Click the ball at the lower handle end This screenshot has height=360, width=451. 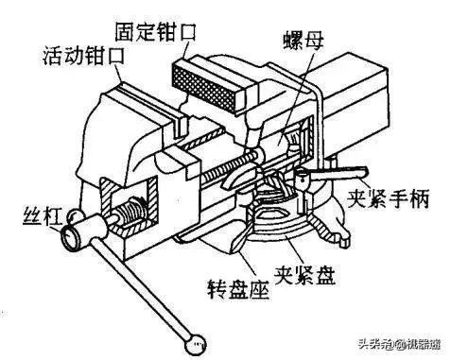[197, 337]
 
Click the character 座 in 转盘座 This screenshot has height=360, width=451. [255, 284]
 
